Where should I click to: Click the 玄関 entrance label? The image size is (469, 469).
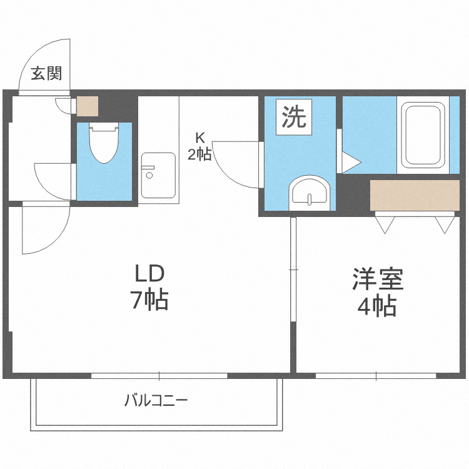pyautogui.click(x=47, y=74)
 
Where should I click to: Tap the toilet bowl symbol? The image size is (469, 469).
pyautogui.click(x=104, y=144)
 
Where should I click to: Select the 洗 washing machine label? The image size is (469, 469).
pyautogui.click(x=293, y=117)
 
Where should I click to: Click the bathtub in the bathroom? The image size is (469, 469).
pyautogui.click(x=421, y=134)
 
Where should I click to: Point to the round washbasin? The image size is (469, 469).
pyautogui.click(x=310, y=191)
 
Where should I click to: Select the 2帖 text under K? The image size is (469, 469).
pyautogui.click(x=199, y=154)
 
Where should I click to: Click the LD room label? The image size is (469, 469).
pyautogui.click(x=149, y=273)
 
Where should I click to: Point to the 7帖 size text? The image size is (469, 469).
pyautogui.click(x=149, y=301)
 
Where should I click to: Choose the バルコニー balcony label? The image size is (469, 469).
pyautogui.click(x=156, y=400)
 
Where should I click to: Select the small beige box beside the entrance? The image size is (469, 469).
pyautogui.click(x=88, y=106)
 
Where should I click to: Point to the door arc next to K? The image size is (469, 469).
pyautogui.click(x=234, y=164)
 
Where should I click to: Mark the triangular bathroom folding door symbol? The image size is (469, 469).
pyautogui.click(x=348, y=163)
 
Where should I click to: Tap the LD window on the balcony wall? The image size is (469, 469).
pyautogui.click(x=159, y=376)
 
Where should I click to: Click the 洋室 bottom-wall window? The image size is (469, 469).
pyautogui.click(x=376, y=376)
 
